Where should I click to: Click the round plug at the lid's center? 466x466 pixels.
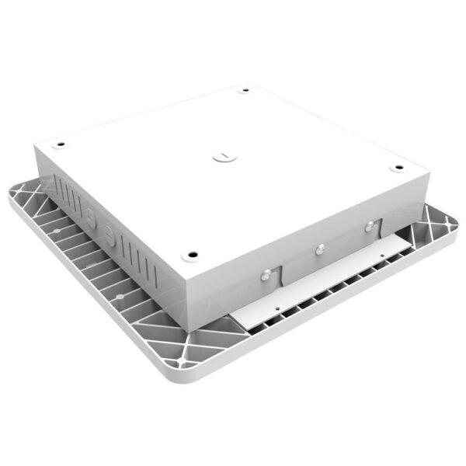pos(221,155)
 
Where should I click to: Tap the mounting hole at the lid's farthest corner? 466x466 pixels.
pos(245,91)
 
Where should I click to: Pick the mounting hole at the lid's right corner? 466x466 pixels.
pos(398,167)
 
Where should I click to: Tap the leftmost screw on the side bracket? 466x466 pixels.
pos(266,273)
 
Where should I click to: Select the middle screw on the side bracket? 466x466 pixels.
pos(318,249)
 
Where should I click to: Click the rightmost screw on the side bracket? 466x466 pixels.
pos(369,227)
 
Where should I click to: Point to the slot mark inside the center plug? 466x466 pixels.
pos(221,155)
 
